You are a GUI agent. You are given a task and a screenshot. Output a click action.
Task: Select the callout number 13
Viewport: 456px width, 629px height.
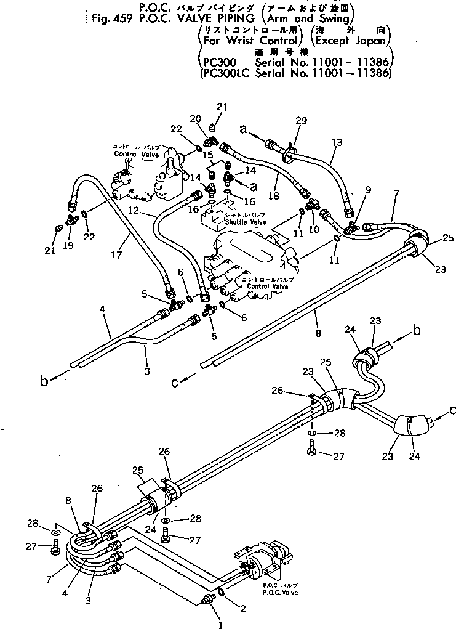tap(337, 142)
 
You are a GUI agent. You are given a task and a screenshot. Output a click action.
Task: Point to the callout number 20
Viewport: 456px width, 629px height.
tap(195, 119)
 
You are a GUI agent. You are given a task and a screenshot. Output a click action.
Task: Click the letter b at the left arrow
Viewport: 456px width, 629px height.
tap(44, 382)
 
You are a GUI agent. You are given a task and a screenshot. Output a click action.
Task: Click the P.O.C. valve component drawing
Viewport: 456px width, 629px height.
tap(262, 561)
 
